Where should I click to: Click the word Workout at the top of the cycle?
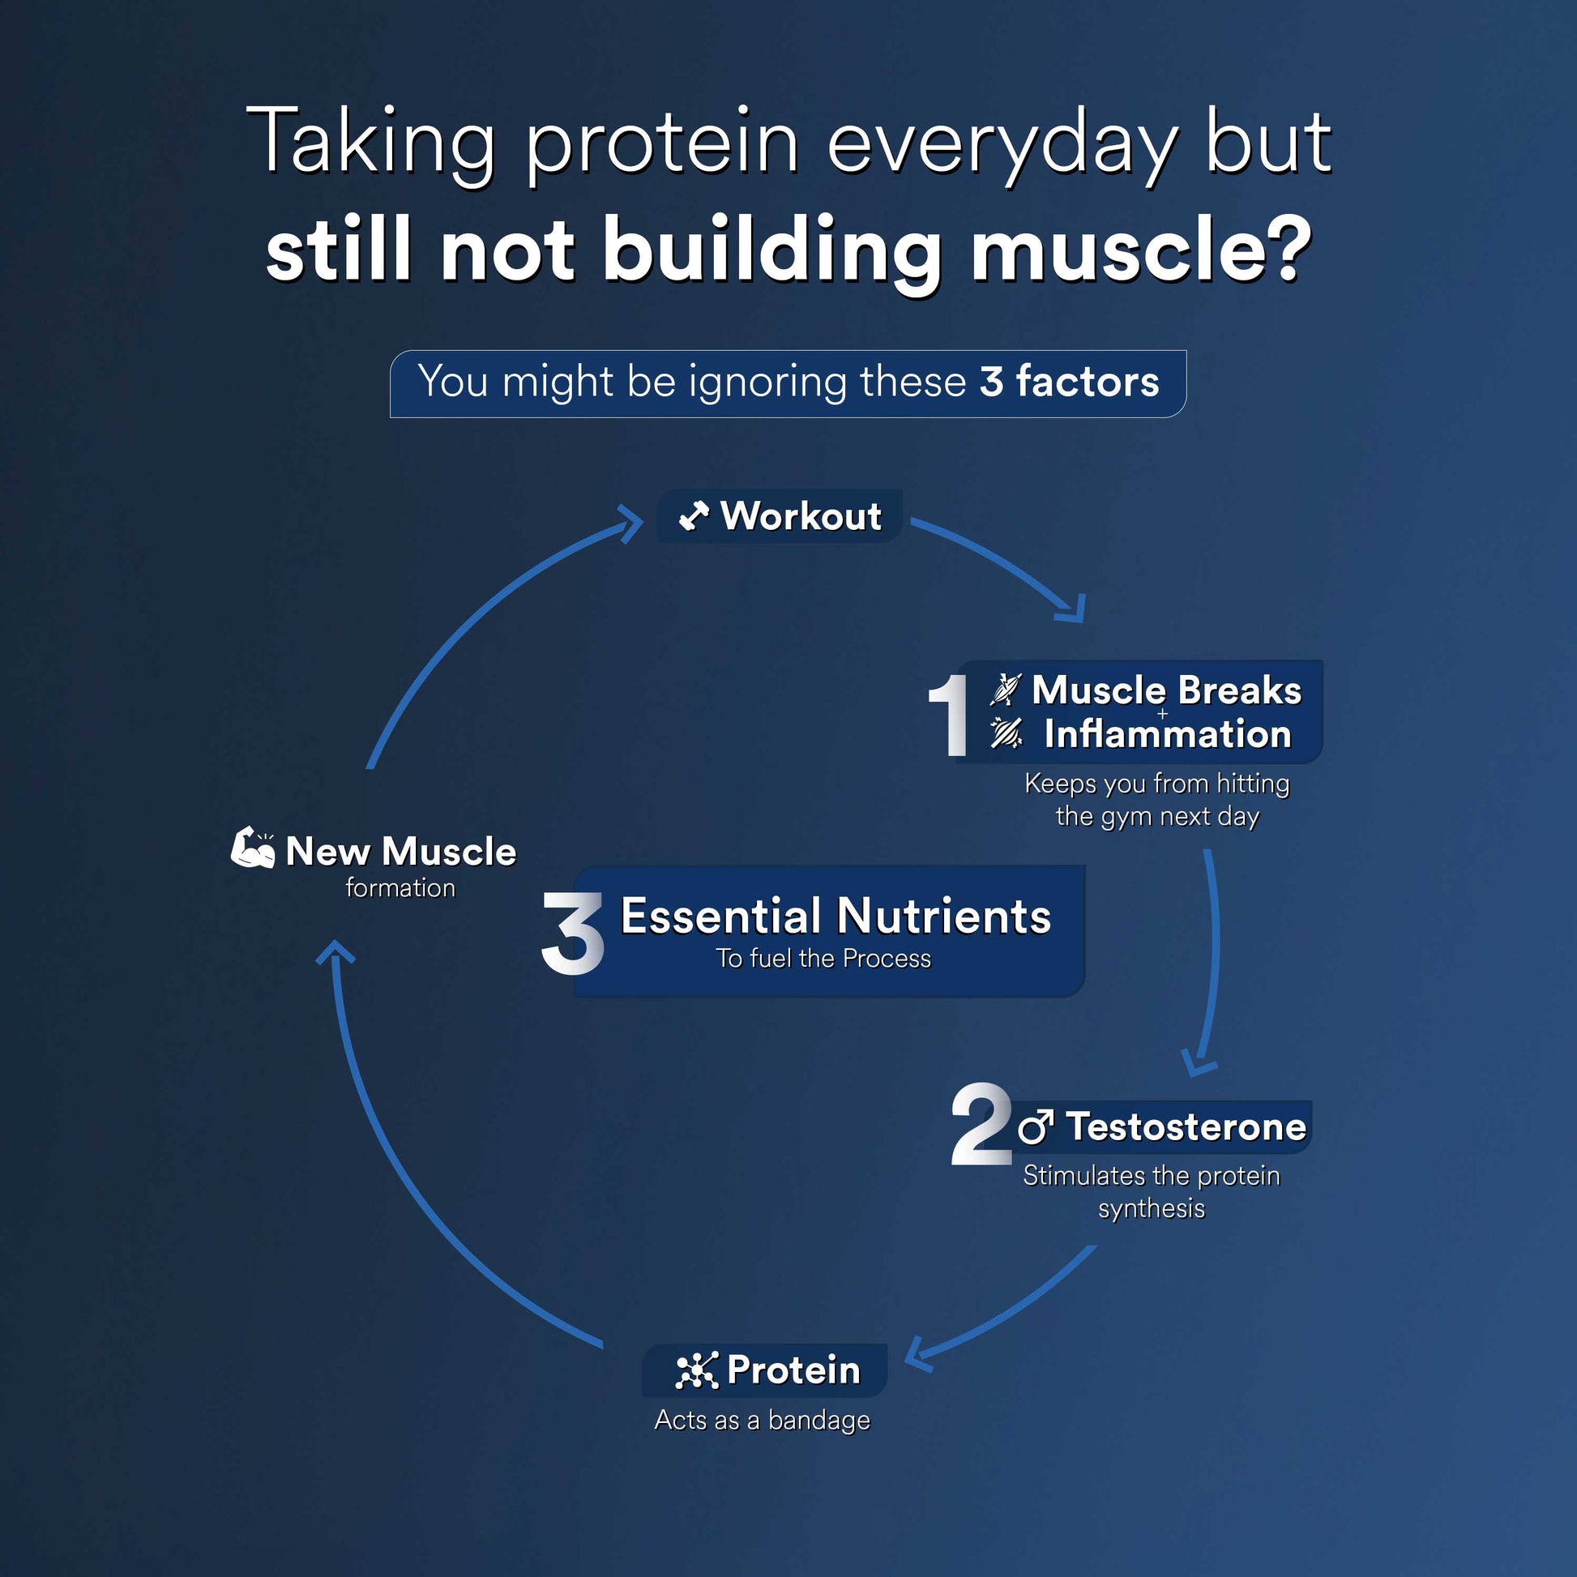[x=801, y=516]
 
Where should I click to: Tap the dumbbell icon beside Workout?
[x=694, y=516]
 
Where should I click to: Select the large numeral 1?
[x=949, y=715]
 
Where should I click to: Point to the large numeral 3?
[x=572, y=932]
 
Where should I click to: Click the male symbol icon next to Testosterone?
[x=1036, y=1126]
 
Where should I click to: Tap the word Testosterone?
[x=1186, y=1126]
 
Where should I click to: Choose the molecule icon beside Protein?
[x=697, y=1370]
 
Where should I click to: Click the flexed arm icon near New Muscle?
[x=252, y=848]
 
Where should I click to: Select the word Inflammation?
[x=1168, y=734]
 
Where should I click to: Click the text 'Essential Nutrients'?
[x=836, y=915]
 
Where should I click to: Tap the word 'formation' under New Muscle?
[x=400, y=888]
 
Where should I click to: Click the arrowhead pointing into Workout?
[x=631, y=524]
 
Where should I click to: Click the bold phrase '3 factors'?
[x=1069, y=381]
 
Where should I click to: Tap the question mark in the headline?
[x=1285, y=250]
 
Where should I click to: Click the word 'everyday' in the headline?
[x=1002, y=147]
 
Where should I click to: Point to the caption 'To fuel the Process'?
[x=823, y=959]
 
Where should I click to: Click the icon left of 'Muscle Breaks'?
[x=1006, y=690]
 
